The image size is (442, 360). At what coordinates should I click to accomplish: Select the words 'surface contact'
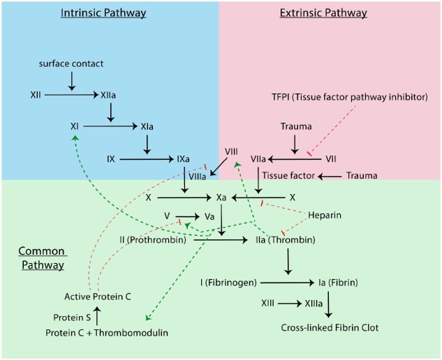pos(71,64)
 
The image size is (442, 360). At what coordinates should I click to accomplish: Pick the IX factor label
pos(111,159)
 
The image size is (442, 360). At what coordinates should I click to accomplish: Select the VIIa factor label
pos(260,159)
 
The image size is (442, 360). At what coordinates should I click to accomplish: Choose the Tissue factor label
pos(285,175)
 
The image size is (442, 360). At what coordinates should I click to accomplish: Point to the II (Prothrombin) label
pos(152,241)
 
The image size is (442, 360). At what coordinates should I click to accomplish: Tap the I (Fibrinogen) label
pos(228,283)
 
